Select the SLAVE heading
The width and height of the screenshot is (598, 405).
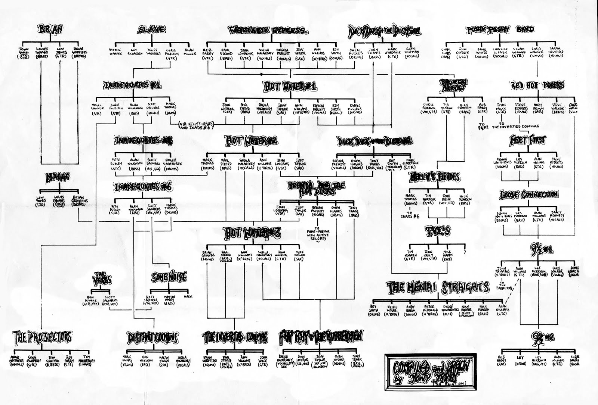click(152, 30)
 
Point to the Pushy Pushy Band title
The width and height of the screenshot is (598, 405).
click(500, 29)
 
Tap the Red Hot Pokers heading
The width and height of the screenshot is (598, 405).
click(538, 85)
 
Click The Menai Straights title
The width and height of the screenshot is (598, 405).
click(438, 287)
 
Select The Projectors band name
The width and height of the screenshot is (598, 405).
click(42, 337)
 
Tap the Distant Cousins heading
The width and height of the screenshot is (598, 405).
click(152, 338)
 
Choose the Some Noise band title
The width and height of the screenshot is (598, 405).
click(169, 277)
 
